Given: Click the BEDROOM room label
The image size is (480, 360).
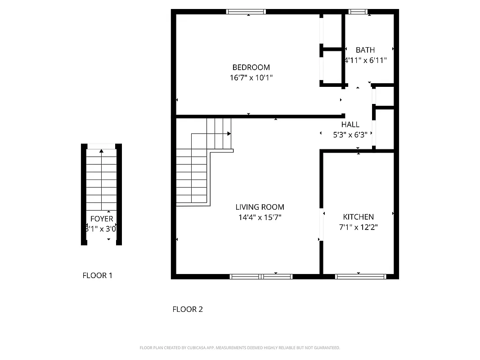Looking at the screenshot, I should [251, 67].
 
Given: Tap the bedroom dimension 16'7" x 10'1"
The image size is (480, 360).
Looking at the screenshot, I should [251, 78].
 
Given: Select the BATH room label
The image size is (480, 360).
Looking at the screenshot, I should [365, 50].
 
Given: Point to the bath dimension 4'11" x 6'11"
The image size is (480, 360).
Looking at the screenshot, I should [365, 60].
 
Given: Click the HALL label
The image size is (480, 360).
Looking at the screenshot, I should [350, 125].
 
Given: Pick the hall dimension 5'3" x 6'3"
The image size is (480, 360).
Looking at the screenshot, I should [350, 134].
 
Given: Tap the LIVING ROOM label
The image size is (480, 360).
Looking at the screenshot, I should [260, 207].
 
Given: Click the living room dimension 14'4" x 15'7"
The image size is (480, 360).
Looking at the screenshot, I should [260, 217].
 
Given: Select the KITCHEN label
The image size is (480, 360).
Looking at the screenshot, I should [358, 217].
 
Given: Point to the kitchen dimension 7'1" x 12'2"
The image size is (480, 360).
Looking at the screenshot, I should [358, 227].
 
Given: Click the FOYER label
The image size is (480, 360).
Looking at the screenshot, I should [102, 219].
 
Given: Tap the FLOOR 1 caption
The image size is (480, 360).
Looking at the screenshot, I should [97, 275].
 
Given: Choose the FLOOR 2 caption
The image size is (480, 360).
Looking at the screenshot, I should [188, 309].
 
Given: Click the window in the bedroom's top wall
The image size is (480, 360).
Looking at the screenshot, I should [246, 12].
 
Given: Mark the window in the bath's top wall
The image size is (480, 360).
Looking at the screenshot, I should [358, 12].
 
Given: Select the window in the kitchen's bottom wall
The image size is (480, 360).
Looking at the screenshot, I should [360, 276].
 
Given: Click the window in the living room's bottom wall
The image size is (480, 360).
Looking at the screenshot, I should [261, 276].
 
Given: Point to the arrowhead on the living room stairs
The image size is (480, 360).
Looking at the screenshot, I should [229, 134].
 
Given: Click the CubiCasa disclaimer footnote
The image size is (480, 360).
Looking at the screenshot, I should [240, 348].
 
